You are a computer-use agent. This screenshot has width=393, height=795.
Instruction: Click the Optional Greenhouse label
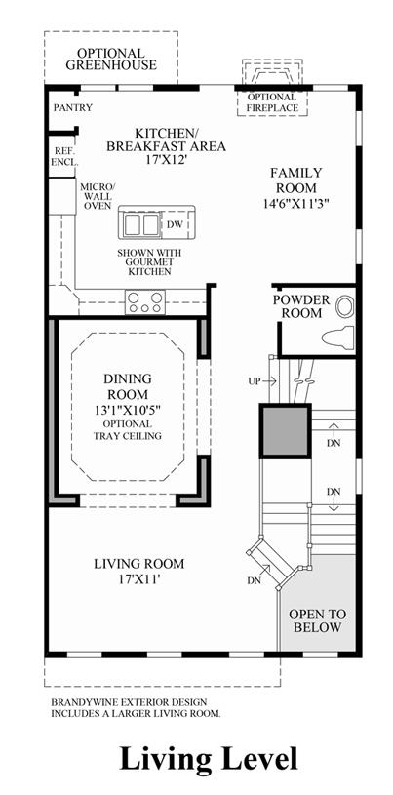click(x=110, y=60)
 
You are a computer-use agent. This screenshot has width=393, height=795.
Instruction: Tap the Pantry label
click(x=73, y=107)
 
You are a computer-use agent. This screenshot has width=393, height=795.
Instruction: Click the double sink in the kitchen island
click(x=141, y=224)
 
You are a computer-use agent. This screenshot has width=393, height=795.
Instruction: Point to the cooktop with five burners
click(x=145, y=302)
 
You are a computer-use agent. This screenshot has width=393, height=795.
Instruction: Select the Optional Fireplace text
click(x=272, y=102)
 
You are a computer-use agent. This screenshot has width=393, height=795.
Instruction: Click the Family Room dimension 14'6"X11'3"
click(x=296, y=203)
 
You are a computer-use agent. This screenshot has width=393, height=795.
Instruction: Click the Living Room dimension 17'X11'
click(x=138, y=578)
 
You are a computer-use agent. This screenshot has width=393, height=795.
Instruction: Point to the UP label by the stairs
click(x=255, y=380)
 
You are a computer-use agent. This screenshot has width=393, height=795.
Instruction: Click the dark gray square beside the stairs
click(x=286, y=431)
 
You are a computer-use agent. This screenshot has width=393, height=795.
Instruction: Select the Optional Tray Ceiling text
click(x=128, y=430)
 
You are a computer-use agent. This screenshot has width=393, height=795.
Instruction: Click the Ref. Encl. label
click(x=64, y=157)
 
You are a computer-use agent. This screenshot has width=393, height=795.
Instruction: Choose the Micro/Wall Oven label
click(x=98, y=195)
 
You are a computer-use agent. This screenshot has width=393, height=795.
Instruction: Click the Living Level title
click(x=209, y=759)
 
